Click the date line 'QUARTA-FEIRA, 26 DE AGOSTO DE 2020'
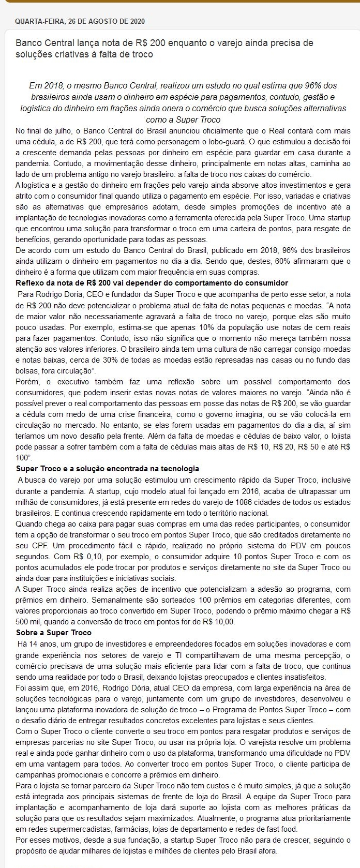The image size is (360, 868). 80,21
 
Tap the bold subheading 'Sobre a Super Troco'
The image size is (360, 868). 54,633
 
